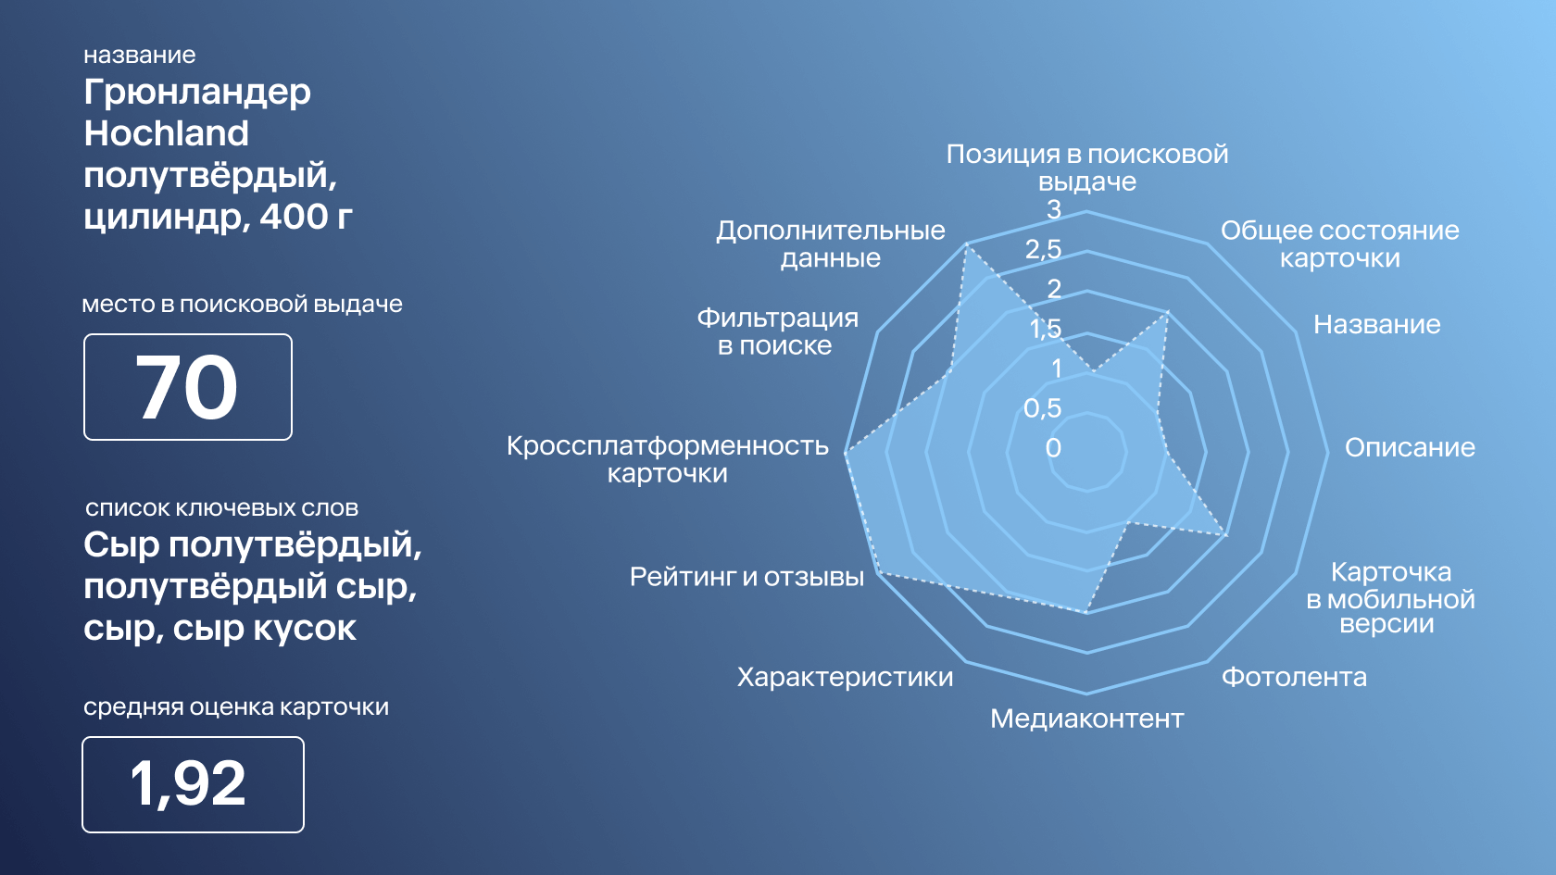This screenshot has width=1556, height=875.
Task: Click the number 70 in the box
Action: [187, 386]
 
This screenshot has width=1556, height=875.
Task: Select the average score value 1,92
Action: [188, 784]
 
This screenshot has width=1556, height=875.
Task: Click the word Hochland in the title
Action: [166, 132]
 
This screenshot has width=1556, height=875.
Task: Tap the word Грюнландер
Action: [197, 93]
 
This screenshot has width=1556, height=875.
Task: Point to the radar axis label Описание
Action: [1410, 447]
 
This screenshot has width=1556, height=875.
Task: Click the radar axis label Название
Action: [1376, 324]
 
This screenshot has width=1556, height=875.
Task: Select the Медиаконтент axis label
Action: [1087, 719]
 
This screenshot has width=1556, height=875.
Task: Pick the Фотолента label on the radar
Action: [1294, 676]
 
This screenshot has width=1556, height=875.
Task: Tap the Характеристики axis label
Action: [845, 676]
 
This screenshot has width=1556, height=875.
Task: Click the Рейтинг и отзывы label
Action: [747, 576]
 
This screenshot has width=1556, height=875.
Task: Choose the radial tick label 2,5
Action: [1043, 248]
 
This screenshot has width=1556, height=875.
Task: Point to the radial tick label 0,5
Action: [1043, 407]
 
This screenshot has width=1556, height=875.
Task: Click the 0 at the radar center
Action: [1053, 448]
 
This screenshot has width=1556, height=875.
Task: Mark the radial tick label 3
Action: [1054, 209]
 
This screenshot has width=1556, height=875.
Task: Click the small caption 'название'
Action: [140, 55]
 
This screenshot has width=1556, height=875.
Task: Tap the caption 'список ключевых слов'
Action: [221, 507]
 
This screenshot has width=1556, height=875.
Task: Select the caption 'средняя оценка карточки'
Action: [236, 707]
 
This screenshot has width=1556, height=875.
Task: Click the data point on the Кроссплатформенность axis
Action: [847, 453]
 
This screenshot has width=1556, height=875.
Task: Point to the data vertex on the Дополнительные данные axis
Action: [966, 244]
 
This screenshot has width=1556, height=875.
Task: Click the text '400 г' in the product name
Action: [306, 217]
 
